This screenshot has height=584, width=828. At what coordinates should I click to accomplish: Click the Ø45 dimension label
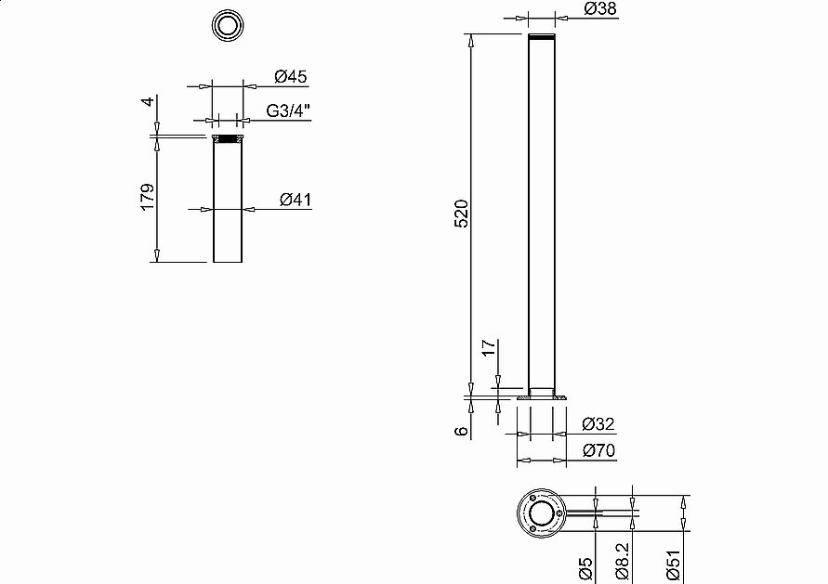coord(291,76)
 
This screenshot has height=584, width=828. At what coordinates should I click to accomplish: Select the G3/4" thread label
coord(288,110)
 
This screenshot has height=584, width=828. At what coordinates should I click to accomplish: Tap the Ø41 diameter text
coord(296,200)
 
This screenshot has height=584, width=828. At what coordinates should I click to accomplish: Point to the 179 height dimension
coord(148,197)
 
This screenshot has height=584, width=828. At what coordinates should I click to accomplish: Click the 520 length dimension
coord(462,214)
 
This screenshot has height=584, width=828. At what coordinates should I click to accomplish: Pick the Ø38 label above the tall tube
coord(600,8)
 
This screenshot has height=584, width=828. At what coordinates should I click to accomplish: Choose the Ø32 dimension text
coord(598,423)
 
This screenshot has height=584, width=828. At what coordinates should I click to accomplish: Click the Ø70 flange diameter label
coord(598,450)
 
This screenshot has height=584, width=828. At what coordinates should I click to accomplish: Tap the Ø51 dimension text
coord(674,565)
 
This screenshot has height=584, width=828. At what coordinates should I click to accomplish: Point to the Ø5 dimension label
coord(585,569)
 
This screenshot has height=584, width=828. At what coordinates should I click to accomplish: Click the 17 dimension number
coord(490,347)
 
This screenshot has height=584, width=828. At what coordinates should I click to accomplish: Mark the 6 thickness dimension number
coord(462,431)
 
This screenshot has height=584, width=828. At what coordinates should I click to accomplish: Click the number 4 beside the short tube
coord(150,101)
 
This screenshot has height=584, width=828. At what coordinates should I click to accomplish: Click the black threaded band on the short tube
coord(228,139)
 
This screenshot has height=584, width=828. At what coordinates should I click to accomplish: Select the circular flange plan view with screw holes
coord(542,513)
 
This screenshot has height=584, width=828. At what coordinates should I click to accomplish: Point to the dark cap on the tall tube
coord(542,37)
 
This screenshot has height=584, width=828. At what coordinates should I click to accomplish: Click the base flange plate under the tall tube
coord(542,397)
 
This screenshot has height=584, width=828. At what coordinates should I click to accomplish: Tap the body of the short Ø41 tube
coord(228,202)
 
